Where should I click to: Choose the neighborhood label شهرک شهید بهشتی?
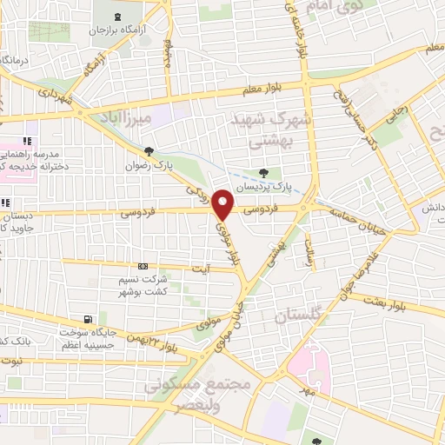pos(262,129)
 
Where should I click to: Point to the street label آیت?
pos(200,269)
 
